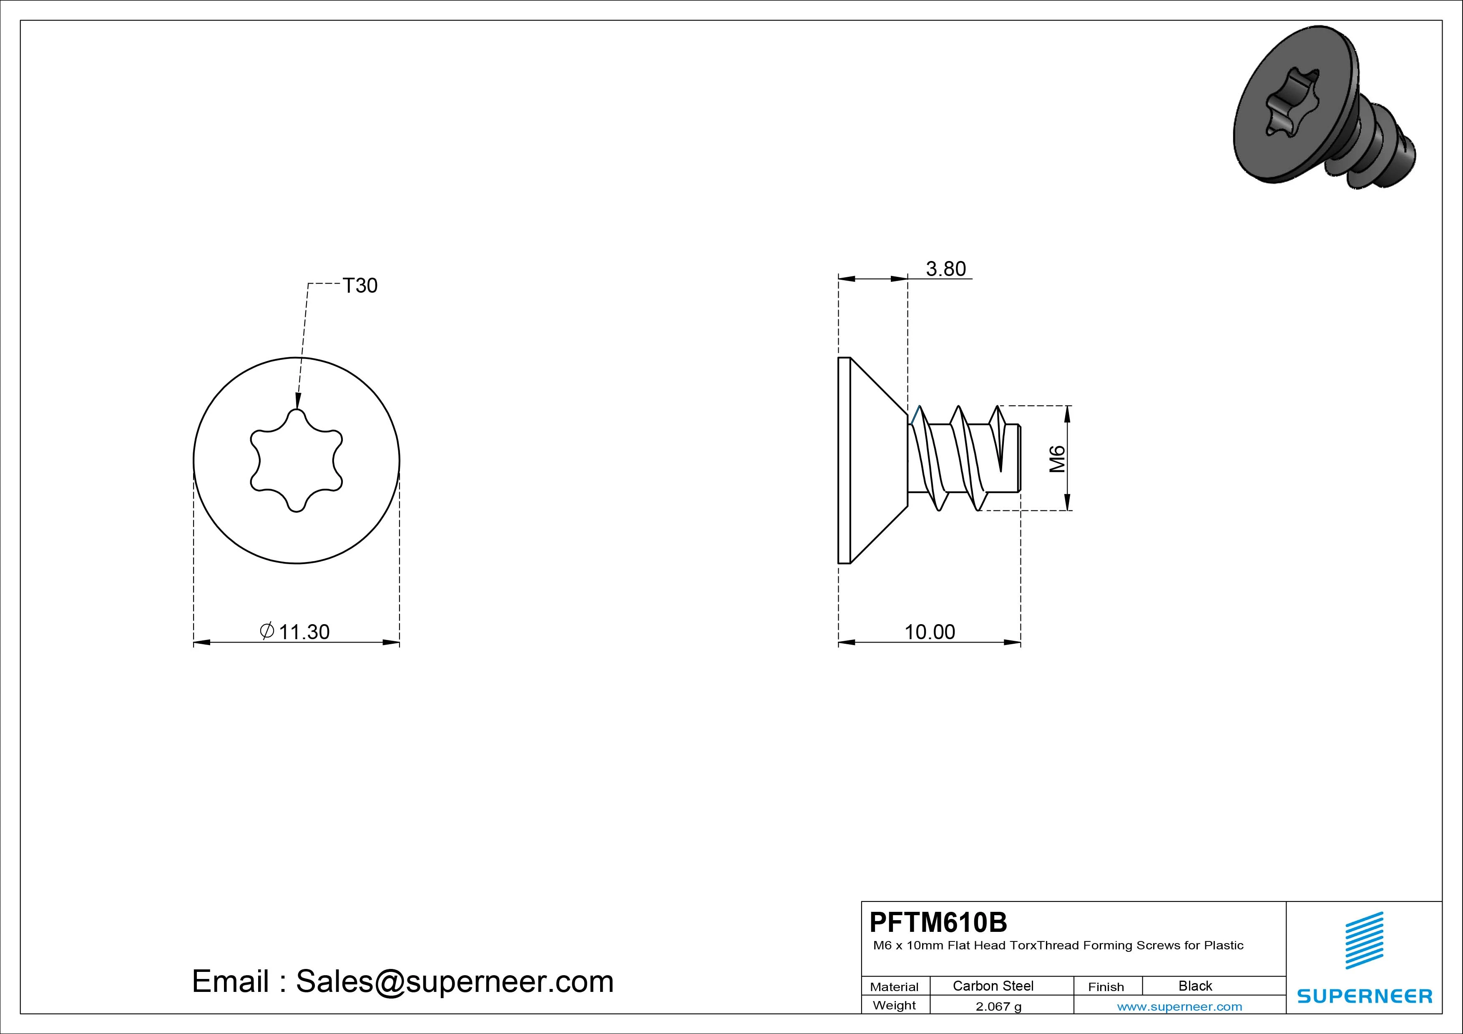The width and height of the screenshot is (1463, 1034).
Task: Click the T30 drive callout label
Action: point(360,286)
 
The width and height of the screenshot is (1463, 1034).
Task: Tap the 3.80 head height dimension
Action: point(945,269)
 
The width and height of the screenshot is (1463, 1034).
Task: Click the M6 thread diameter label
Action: point(1057,459)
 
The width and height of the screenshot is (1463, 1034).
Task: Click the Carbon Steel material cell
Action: point(993,986)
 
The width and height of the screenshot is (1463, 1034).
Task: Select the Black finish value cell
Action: point(1195,986)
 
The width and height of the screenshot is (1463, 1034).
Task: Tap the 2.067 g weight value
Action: point(998,1006)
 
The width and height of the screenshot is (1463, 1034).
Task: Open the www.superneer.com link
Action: point(1179,1006)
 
